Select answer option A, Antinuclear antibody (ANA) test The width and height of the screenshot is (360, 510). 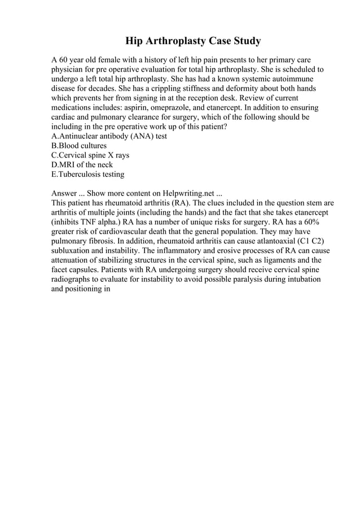(x=109, y=136)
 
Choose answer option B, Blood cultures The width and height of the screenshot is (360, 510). (x=78, y=146)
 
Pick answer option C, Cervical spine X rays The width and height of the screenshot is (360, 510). (x=90, y=155)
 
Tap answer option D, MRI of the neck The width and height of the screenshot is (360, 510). (x=82, y=165)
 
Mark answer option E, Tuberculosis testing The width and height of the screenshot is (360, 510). (x=87, y=175)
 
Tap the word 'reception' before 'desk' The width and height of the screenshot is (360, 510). (x=217, y=98)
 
